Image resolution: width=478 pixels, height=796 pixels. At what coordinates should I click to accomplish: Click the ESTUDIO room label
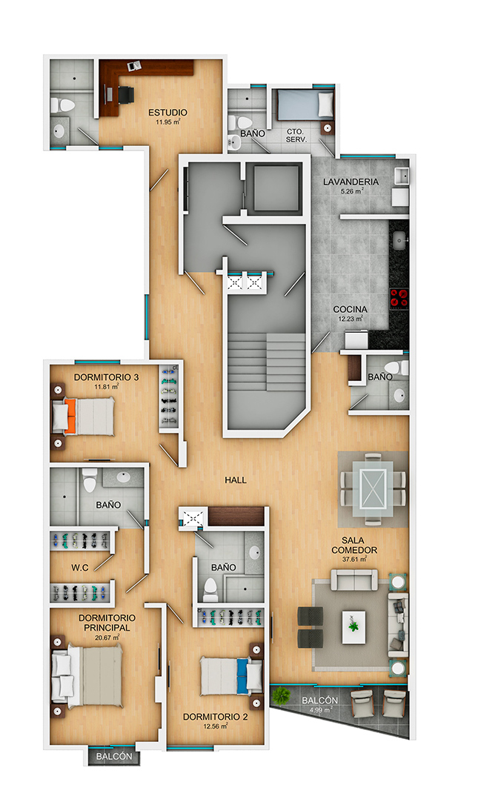(167, 112)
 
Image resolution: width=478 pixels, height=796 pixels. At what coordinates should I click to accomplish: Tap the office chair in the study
(125, 95)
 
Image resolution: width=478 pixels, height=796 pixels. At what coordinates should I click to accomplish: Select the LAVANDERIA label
(351, 182)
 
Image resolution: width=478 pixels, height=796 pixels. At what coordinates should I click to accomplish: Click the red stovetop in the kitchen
(399, 299)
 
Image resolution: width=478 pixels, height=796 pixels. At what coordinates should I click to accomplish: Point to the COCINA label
(350, 309)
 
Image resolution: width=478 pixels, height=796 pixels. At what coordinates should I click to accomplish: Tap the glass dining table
(373, 488)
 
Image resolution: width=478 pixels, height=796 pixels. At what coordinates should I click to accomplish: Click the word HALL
(236, 480)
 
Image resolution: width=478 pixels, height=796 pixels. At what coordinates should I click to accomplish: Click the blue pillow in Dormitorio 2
(243, 676)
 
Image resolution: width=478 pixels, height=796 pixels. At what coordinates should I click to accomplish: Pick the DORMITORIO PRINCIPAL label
(107, 623)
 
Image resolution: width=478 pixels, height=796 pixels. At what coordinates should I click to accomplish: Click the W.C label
(80, 568)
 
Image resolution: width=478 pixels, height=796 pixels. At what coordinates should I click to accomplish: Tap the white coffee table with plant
(353, 627)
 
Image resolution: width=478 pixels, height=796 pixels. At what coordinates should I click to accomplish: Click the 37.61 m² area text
(354, 560)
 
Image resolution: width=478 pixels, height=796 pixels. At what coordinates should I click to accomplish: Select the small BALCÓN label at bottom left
(114, 757)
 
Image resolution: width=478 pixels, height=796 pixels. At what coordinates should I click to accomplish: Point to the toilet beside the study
(63, 105)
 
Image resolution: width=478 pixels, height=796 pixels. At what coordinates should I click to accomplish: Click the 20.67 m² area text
(107, 637)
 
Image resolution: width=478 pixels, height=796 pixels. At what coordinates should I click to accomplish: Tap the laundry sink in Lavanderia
(403, 176)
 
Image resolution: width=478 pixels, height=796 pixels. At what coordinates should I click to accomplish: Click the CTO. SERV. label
(296, 135)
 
